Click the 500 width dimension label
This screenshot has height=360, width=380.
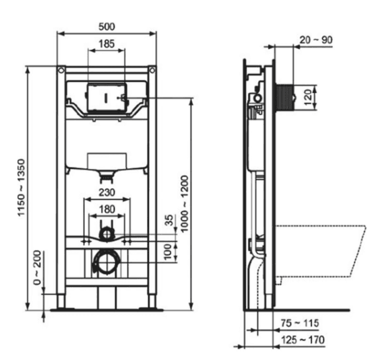[106, 26]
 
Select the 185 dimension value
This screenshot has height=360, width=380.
[106, 44]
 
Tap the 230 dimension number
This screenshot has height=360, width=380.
[107, 192]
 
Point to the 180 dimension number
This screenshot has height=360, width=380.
[107, 209]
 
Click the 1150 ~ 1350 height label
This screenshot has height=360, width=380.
[22, 187]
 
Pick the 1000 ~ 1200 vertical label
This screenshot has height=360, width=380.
[185, 204]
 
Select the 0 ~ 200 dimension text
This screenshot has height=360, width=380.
[37, 268]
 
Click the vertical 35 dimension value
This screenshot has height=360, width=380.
[169, 220]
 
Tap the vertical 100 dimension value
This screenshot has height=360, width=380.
[168, 252]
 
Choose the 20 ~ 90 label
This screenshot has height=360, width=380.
[316, 40]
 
